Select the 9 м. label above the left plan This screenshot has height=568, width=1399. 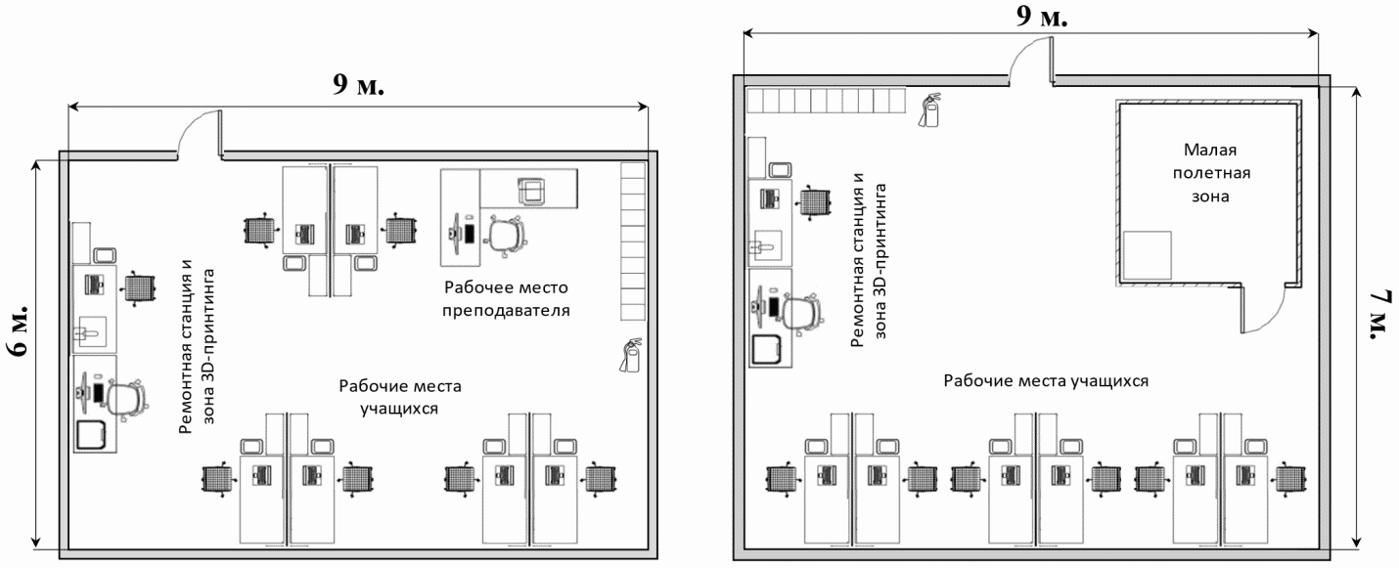(x=358, y=84)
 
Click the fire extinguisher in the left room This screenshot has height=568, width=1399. (x=628, y=354)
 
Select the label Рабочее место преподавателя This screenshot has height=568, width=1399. (x=506, y=299)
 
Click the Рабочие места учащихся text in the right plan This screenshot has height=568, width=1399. (x=1045, y=379)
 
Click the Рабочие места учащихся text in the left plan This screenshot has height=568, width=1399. (x=399, y=396)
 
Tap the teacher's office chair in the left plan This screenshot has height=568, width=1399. (x=506, y=236)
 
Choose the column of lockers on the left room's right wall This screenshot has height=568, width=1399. (x=633, y=241)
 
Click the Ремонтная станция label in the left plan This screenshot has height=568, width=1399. (x=197, y=347)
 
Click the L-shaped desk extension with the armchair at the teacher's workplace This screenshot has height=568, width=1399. (x=529, y=187)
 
